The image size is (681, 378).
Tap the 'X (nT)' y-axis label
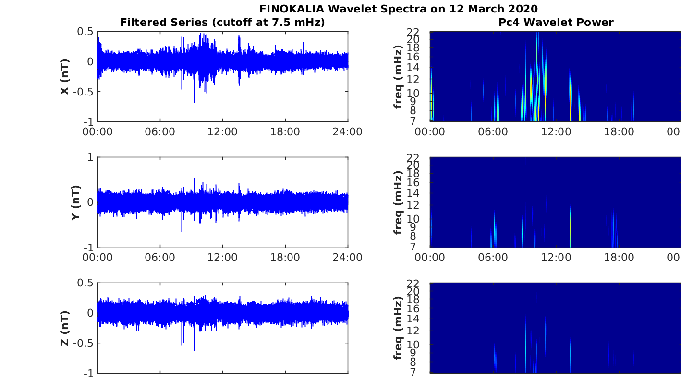point(65,77)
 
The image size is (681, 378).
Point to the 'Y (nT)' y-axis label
point(76,203)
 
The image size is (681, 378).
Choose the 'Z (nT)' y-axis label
point(65,329)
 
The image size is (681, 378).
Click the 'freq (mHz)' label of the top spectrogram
point(398,77)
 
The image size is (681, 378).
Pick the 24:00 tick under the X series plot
point(347,131)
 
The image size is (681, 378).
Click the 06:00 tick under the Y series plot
point(160,258)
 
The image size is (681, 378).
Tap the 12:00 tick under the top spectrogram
point(555,131)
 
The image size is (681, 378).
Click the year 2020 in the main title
point(523,9)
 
